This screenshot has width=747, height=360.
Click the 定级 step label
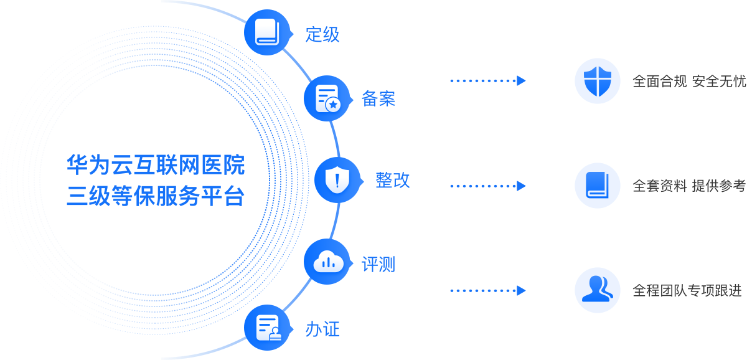pyautogui.click(x=322, y=34)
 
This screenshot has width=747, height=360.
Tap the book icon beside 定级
pyautogui.click(x=268, y=32)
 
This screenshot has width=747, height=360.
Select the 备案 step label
pyautogui.click(x=378, y=99)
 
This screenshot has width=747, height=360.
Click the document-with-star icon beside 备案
pyautogui.click(x=327, y=98)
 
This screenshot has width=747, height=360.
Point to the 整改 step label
pyautogui.click(x=393, y=181)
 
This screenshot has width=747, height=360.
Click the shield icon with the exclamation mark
pyautogui.click(x=337, y=181)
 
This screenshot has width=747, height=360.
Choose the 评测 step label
pyautogui.click(x=378, y=265)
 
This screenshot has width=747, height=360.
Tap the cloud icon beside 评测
pyautogui.click(x=327, y=262)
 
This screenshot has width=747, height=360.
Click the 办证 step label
pyautogui.click(x=322, y=329)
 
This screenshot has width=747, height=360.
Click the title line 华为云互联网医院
pyautogui.click(x=156, y=166)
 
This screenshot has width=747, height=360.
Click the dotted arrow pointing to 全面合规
pyautogui.click(x=488, y=81)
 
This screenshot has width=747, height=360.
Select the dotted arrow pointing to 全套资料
pyautogui.click(x=488, y=186)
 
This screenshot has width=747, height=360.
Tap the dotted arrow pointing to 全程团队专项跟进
pyautogui.click(x=488, y=290)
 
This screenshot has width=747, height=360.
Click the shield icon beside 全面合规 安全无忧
pyautogui.click(x=598, y=81)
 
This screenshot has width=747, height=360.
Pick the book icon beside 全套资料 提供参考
pyautogui.click(x=598, y=186)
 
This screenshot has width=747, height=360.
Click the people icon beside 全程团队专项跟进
pyautogui.click(x=598, y=290)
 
